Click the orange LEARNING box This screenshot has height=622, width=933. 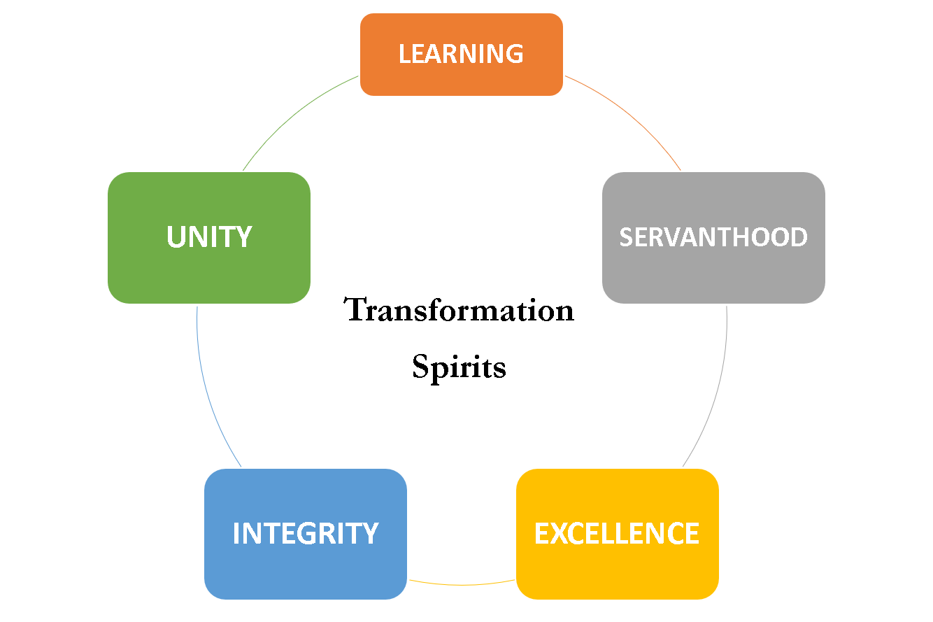tap(462, 55)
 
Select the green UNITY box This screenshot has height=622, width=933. tap(209, 237)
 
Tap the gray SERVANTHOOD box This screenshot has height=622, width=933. tap(713, 237)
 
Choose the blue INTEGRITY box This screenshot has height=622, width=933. tap(306, 534)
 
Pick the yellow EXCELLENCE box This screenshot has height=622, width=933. tap(618, 534)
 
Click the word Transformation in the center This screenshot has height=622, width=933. tap(459, 309)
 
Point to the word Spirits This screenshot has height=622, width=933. tap(459, 367)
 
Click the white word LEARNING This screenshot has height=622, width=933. tap(461, 54)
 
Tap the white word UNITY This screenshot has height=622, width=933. tap(209, 236)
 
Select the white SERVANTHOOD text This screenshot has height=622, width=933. tap(713, 237)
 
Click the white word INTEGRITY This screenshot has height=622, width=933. tap(306, 533)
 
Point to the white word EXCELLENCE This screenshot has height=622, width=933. tap(617, 533)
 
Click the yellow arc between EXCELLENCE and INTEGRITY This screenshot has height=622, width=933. tap(462, 585)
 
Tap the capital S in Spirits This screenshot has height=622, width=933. tap(420, 366)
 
